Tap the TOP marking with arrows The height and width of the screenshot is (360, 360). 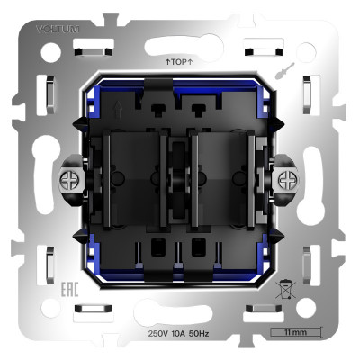[x=179, y=62]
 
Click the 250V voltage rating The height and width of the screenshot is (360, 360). [x=161, y=333]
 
